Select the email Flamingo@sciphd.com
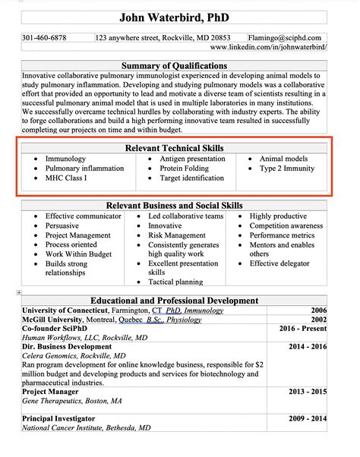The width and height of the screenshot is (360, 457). (289, 37)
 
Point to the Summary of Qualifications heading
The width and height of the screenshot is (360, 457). (175, 66)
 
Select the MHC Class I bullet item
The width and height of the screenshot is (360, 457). (66, 178)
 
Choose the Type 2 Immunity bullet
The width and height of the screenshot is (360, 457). (288, 169)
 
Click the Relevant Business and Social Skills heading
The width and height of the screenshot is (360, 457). (175, 206)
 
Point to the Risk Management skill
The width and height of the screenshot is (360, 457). (177, 235)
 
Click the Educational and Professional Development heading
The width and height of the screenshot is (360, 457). (175, 301)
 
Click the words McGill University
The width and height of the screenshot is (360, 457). (53, 320)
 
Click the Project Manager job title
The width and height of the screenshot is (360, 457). (53, 391)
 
